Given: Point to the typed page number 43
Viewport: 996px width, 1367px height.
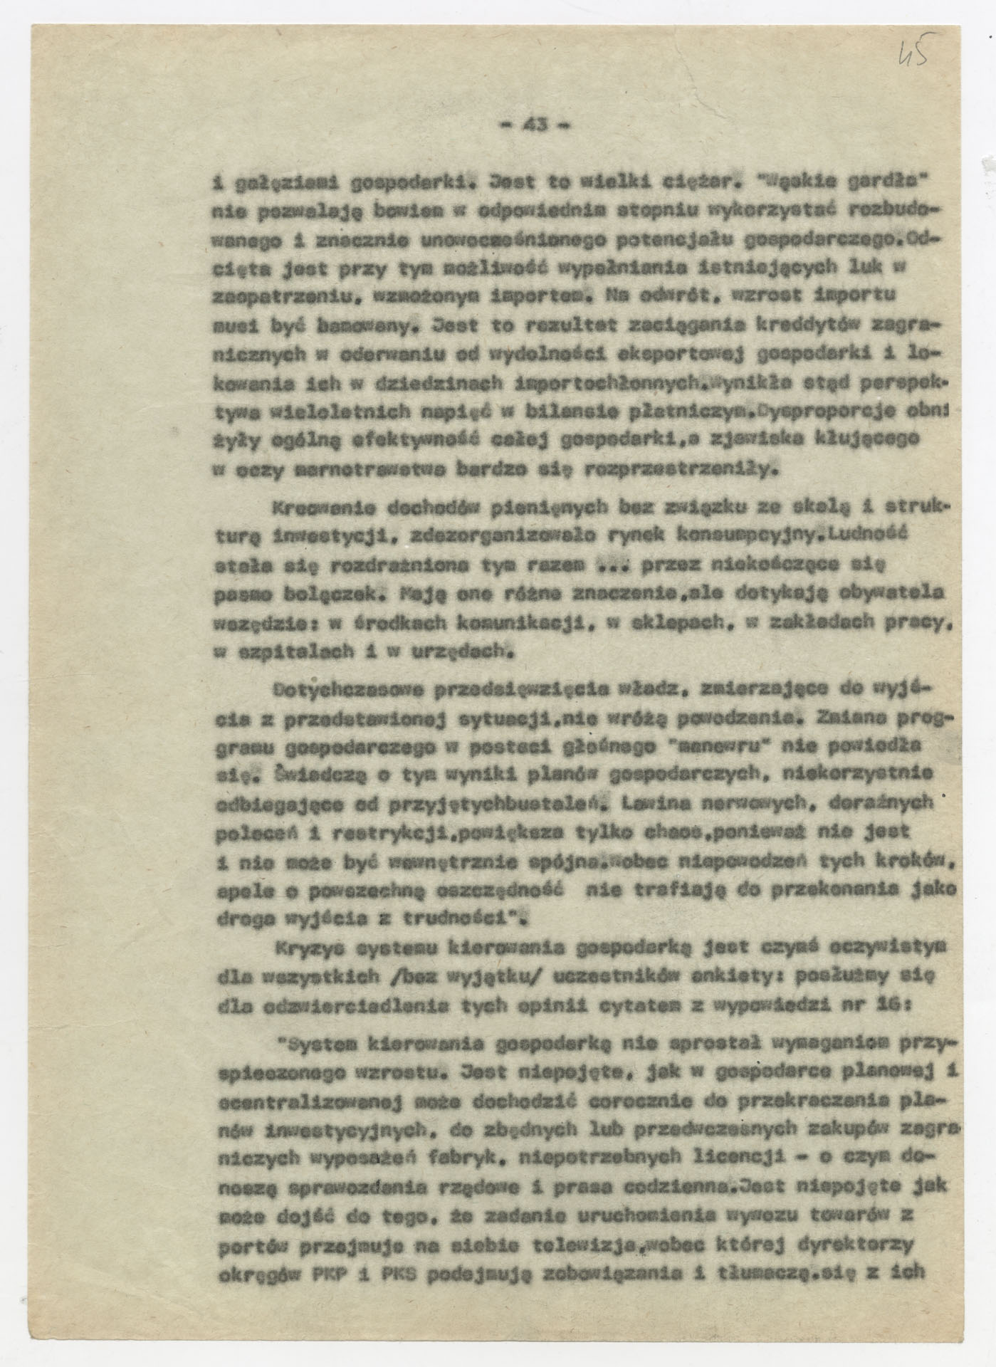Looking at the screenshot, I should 534,125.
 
